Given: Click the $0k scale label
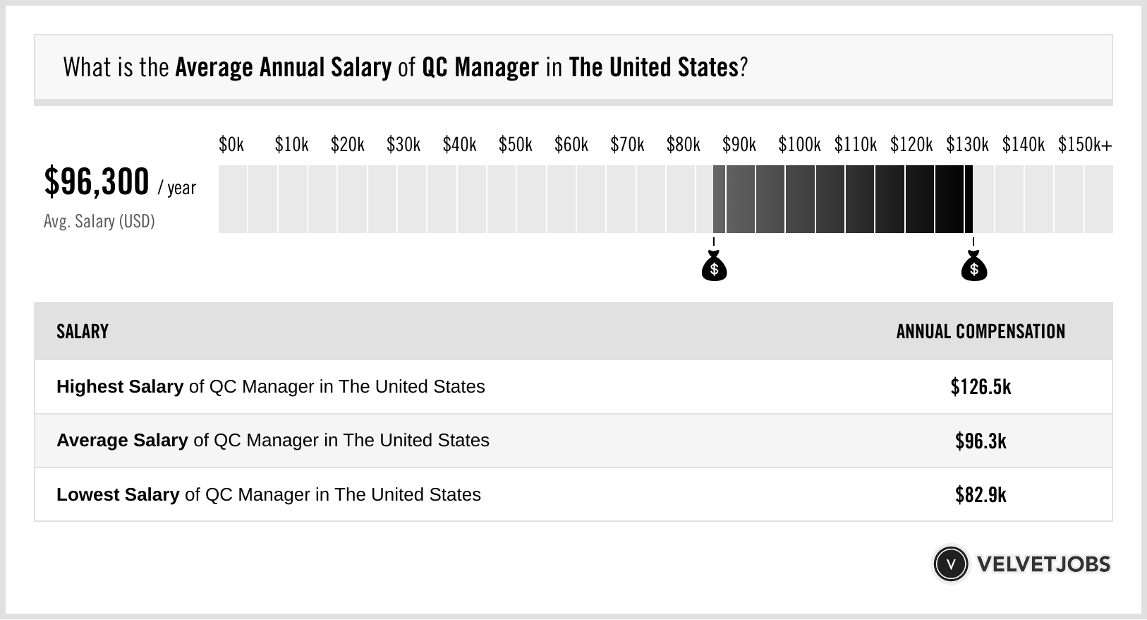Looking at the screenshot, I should (x=231, y=145).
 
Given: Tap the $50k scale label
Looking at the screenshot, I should (x=515, y=145).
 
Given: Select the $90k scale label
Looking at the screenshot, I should (x=739, y=145).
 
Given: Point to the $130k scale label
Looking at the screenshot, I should (x=966, y=145).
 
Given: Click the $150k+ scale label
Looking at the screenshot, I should (x=1084, y=145).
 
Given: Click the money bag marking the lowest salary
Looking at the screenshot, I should (x=714, y=267).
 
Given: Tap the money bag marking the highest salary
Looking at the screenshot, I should (x=974, y=267).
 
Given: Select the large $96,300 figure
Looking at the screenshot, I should (x=97, y=182).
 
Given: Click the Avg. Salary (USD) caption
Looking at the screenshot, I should (x=99, y=222).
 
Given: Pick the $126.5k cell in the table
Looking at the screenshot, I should (x=981, y=387).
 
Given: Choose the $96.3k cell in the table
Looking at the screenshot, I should (x=981, y=441).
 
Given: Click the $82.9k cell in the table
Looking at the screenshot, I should (x=981, y=495).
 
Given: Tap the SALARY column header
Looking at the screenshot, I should (x=83, y=332).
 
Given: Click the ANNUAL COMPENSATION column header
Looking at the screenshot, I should (x=981, y=332).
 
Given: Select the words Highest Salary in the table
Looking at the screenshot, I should (x=120, y=387).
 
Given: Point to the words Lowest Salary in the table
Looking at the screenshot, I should (x=118, y=495).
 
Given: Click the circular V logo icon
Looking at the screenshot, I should (x=950, y=564).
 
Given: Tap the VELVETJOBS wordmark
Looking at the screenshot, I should (x=1043, y=564).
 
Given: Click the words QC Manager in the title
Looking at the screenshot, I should (x=480, y=68).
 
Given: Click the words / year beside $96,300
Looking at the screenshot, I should (x=177, y=188).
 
